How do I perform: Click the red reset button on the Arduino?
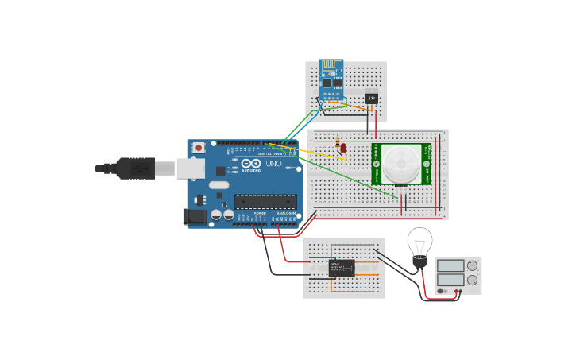click(x=198, y=148)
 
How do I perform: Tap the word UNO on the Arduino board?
click(x=273, y=164)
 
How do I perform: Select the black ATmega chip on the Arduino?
click(x=265, y=202)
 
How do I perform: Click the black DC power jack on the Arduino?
click(x=195, y=216)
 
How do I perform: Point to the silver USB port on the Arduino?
click(x=190, y=168)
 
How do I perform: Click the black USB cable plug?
click(x=135, y=168)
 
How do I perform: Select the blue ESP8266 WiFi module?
click(x=331, y=75)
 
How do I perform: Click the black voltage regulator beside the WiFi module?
click(x=371, y=99)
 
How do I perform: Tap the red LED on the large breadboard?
click(x=343, y=148)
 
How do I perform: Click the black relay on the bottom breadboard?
click(x=342, y=268)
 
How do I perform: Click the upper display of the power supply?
click(x=450, y=265)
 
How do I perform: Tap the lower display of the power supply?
click(x=450, y=280)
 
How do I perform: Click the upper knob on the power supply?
click(x=473, y=265)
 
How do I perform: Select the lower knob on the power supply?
click(x=473, y=280)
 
